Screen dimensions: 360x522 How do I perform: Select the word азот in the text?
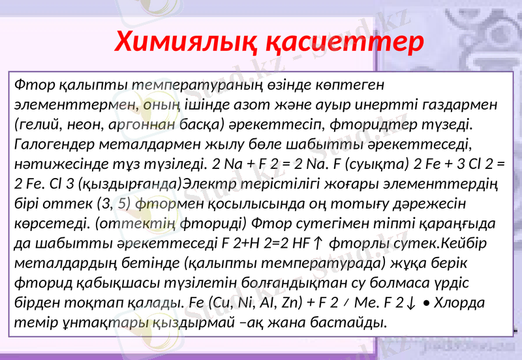(x=263, y=104)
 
